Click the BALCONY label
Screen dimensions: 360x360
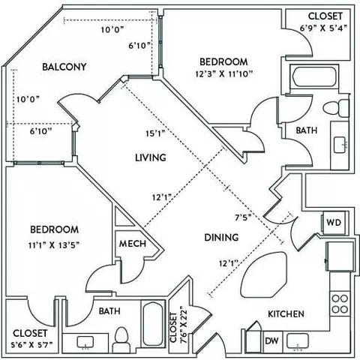pos(64,67)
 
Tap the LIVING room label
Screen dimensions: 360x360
pos(151,157)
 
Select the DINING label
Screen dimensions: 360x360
pos(221,237)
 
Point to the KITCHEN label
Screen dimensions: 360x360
pos(286,314)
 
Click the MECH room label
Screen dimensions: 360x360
pos(133,244)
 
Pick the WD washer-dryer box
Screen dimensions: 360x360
pos(334,223)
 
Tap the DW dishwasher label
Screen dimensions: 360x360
pos(271,340)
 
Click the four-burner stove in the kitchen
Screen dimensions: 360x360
pos(340,304)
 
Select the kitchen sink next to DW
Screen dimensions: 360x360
pos(298,341)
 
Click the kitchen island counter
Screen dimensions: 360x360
pos(263,274)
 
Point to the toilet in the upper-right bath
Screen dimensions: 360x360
pos(336,108)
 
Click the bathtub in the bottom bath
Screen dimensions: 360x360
pos(152,324)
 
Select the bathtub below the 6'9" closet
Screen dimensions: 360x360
pos(314,76)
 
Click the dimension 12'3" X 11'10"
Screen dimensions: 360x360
pos(224,74)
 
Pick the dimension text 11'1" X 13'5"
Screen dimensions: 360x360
pos(54,245)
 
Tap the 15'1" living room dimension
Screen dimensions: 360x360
pos(155,133)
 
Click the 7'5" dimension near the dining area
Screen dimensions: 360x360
pos(243,217)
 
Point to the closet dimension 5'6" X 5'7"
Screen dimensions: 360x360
pos(31,345)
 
